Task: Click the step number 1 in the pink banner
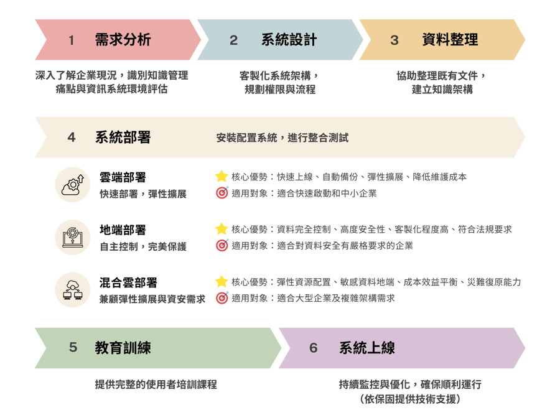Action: (x=72, y=40)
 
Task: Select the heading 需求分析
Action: (x=123, y=40)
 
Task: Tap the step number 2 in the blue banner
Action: (x=233, y=40)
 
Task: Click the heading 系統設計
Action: (x=289, y=40)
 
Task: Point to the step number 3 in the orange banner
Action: (x=394, y=40)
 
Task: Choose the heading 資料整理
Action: (x=450, y=40)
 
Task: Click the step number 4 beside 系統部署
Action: (x=72, y=138)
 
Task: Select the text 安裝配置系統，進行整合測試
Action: (x=282, y=138)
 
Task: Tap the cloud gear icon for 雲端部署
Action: (x=73, y=184)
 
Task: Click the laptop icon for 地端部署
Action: (x=73, y=237)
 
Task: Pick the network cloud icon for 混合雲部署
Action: (x=73, y=290)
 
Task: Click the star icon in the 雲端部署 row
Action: (x=222, y=177)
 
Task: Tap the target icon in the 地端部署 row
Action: (x=222, y=245)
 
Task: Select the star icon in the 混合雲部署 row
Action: (x=222, y=282)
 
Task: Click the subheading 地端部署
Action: (x=123, y=230)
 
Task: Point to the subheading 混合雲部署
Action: (x=128, y=283)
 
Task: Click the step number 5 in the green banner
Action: (x=73, y=348)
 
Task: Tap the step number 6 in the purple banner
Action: (x=313, y=348)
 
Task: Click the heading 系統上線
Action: (x=366, y=348)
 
